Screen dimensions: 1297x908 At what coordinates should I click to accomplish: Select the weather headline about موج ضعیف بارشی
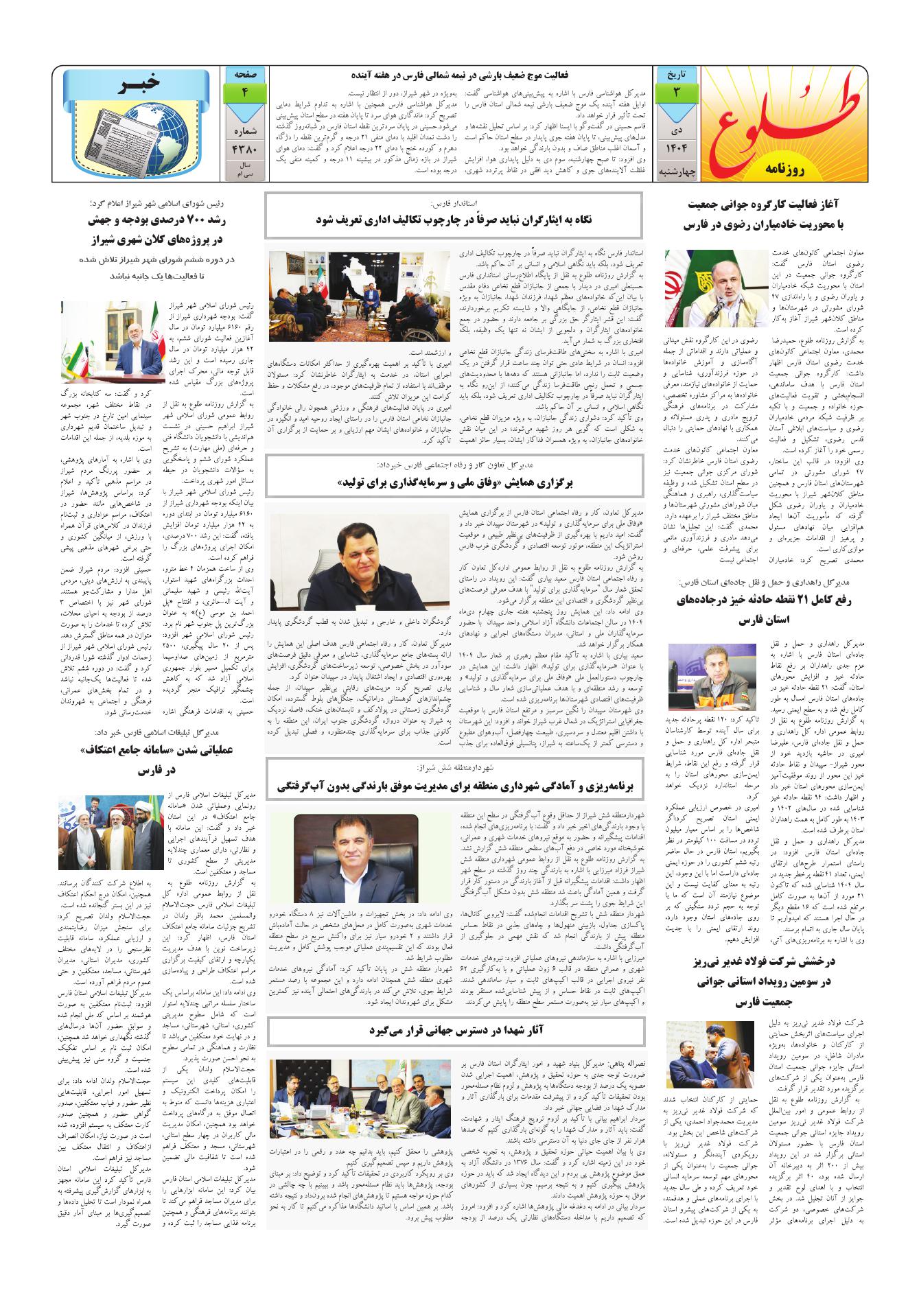point(460,75)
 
